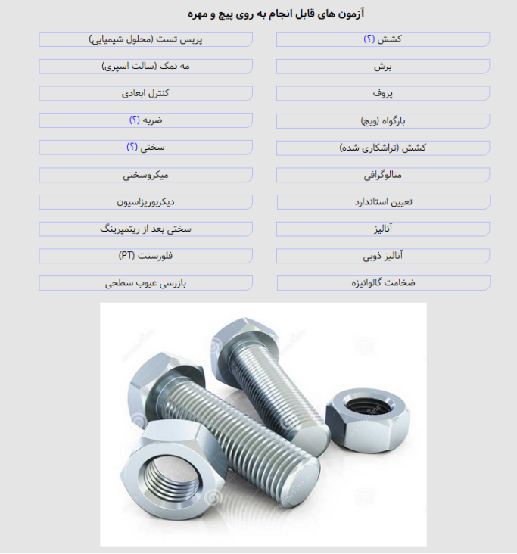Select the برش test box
click(382, 67)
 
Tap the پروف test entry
click(382, 94)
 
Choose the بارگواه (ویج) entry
click(382, 121)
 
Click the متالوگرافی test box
click(382, 176)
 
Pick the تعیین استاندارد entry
click(382, 203)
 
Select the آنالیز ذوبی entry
click(382, 257)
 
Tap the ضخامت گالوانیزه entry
click(382, 283)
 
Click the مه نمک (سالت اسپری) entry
click(145, 67)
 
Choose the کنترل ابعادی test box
click(145, 94)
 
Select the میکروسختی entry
click(145, 176)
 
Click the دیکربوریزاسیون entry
click(145, 202)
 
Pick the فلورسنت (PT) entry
click(145, 256)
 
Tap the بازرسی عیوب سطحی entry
click(145, 283)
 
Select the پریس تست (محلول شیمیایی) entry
click(145, 39)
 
